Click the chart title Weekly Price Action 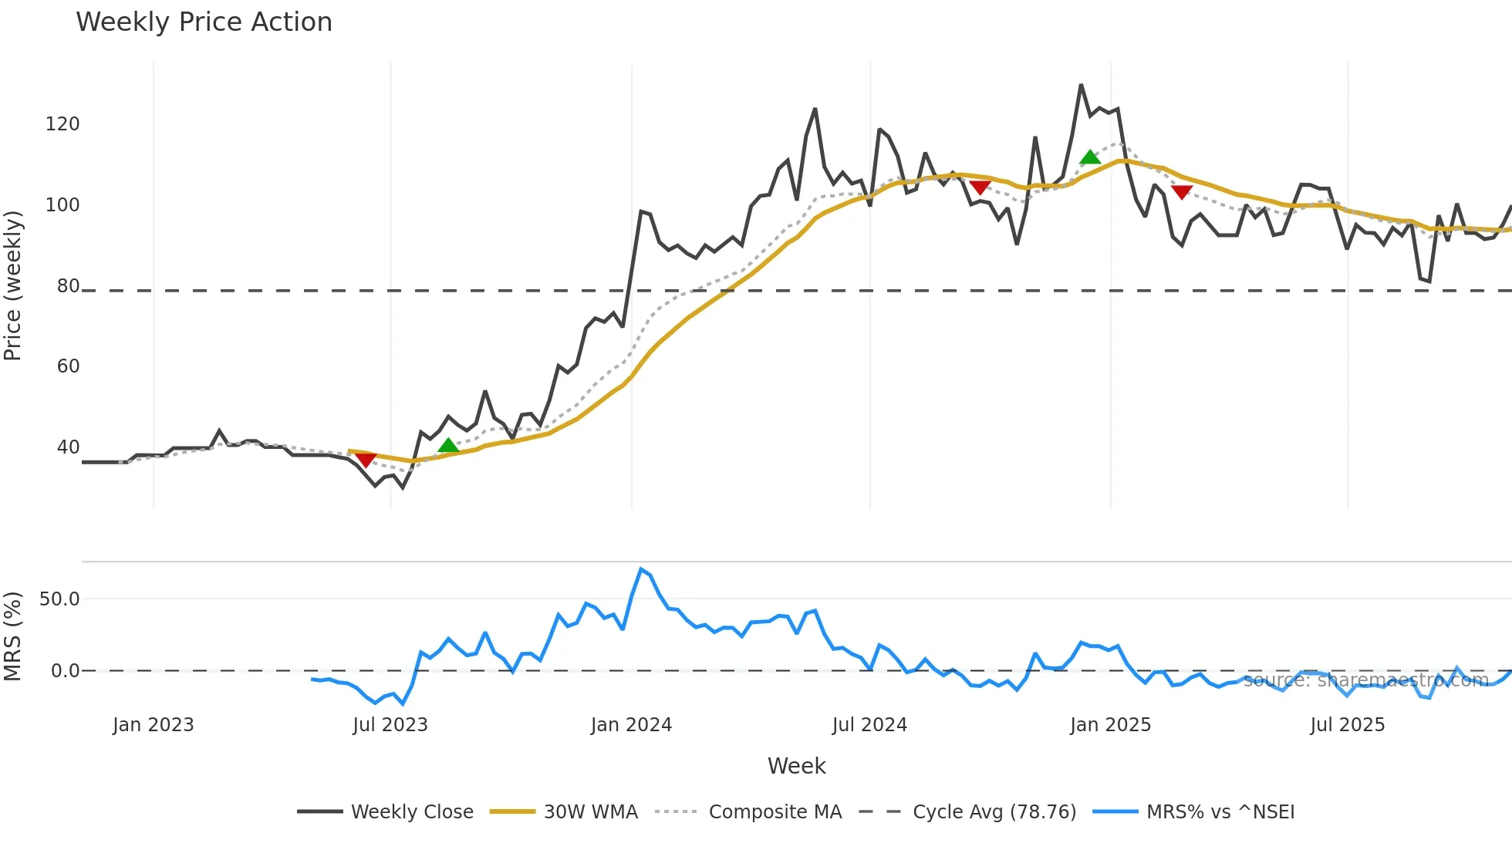(204, 22)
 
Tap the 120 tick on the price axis (62, 124)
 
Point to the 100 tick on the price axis (62, 205)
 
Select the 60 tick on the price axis (68, 366)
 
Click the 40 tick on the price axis (68, 447)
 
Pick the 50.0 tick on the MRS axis (59, 599)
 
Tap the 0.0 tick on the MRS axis (65, 671)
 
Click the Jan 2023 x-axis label (153, 725)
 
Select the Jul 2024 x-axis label (869, 725)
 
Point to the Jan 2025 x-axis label (1110, 725)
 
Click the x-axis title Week (796, 766)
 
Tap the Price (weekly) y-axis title (13, 285)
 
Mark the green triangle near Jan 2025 (1090, 158)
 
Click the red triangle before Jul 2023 (366, 460)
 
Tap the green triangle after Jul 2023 (448, 446)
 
